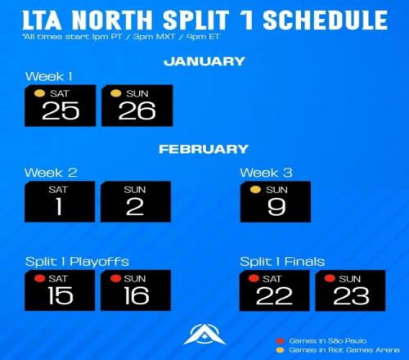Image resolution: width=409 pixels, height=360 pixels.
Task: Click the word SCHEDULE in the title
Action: (x=325, y=20)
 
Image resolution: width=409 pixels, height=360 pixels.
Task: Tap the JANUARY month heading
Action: (x=204, y=61)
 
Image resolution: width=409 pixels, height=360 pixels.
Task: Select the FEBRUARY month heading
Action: (x=204, y=149)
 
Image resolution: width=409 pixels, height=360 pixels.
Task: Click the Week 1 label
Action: (x=49, y=76)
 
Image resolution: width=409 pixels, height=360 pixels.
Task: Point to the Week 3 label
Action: (x=266, y=173)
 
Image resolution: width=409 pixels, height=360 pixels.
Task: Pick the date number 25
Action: (x=61, y=110)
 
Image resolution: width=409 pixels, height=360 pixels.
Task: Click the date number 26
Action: (x=137, y=110)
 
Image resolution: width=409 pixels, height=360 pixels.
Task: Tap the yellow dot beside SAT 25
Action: (x=39, y=93)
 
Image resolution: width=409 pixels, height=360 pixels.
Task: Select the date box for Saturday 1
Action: (x=60, y=201)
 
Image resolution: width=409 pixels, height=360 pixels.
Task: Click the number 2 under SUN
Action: (x=135, y=207)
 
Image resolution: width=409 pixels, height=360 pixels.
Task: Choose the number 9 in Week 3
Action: (x=276, y=207)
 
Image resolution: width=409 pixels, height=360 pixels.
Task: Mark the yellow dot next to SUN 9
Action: (x=255, y=189)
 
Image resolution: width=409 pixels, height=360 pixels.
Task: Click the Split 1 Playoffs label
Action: (x=77, y=262)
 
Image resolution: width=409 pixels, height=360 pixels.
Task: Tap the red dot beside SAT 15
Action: (x=39, y=278)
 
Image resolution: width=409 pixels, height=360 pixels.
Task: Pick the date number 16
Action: (x=137, y=295)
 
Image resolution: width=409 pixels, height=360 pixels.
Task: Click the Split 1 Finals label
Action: (x=282, y=262)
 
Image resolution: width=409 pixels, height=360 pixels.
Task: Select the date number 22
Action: (x=274, y=296)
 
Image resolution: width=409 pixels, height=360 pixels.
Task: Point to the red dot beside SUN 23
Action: (x=330, y=278)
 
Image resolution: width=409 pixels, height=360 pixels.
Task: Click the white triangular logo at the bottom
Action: (x=204, y=335)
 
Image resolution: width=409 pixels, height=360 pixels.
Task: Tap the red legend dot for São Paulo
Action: (x=280, y=341)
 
